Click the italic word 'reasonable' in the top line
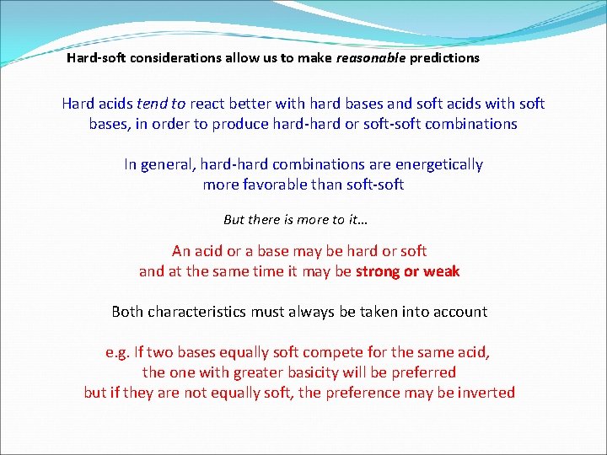[x=371, y=59]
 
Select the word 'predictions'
[x=444, y=59]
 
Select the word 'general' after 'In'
[x=168, y=164]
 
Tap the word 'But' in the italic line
[x=234, y=220]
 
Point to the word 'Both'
[x=127, y=312]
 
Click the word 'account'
[x=459, y=312]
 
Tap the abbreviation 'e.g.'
[x=118, y=352]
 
